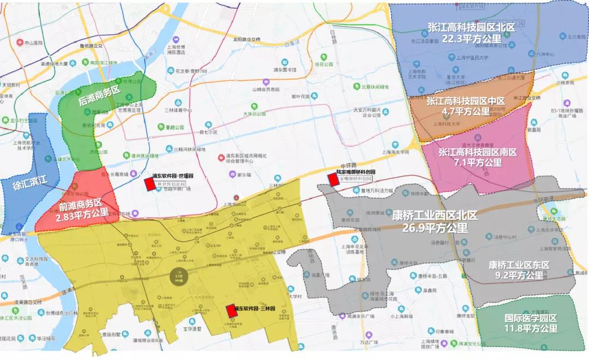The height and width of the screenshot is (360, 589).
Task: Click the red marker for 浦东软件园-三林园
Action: pos(231,310)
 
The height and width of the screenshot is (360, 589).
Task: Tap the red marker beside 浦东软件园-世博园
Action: pos(149,184)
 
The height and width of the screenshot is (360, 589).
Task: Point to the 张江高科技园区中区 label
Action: pos(466,101)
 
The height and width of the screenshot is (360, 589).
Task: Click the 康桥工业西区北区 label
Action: pos(435,215)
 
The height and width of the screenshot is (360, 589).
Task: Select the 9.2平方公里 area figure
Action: pos(520,276)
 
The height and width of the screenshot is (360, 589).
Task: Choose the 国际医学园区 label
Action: pos(531,318)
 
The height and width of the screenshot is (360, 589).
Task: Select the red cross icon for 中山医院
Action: pos(20,43)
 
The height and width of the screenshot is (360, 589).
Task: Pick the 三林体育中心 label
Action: pos(178,110)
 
